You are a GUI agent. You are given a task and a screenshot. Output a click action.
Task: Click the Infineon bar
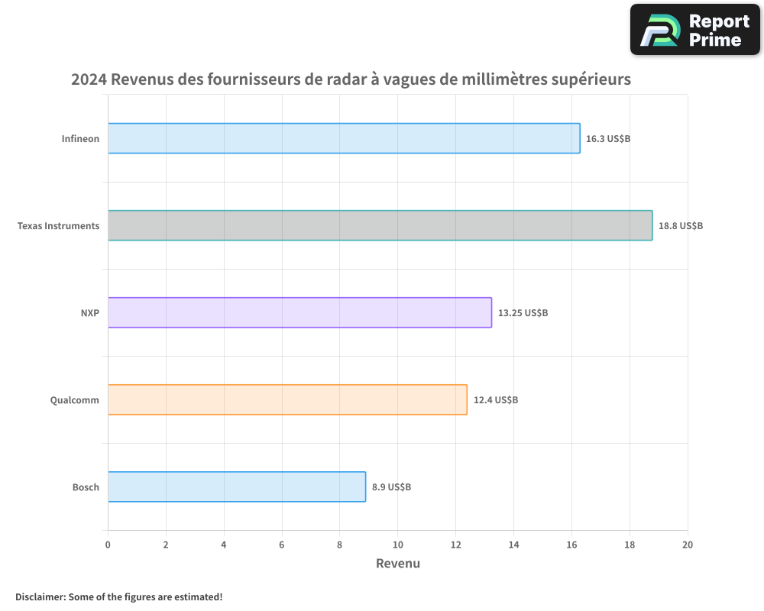pos(344,138)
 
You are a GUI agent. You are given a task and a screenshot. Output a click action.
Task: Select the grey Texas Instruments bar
pos(380,225)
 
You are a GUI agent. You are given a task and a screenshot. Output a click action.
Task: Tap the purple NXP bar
pos(299,312)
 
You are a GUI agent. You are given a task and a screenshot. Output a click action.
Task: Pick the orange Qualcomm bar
pos(287,399)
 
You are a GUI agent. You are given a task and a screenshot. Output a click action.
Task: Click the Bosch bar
pos(237,487)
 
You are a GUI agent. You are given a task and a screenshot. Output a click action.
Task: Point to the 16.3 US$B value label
pos(608,139)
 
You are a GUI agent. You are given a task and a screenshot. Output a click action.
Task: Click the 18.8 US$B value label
pos(681,226)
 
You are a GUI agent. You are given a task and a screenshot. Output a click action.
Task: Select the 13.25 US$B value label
pos(523,313)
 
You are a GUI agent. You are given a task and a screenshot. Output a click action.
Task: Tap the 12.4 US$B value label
pos(496,399)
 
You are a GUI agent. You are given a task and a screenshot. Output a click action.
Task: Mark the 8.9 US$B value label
pos(391,487)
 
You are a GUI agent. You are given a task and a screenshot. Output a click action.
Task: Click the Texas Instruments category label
pos(58,226)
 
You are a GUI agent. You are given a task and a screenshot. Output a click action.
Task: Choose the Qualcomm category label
pos(74,399)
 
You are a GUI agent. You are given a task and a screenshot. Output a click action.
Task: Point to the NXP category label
pos(90,313)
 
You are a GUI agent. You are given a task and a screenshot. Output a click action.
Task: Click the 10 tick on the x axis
pos(397,545)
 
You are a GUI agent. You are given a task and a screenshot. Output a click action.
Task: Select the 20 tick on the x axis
pos(688,545)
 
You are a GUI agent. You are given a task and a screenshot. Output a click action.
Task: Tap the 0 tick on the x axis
pos(108,545)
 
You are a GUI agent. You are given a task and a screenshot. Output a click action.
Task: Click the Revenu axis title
pos(398,564)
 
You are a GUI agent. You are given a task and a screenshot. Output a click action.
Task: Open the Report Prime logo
pos(694,30)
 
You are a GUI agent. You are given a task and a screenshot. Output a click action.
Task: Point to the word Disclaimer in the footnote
pos(40,596)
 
